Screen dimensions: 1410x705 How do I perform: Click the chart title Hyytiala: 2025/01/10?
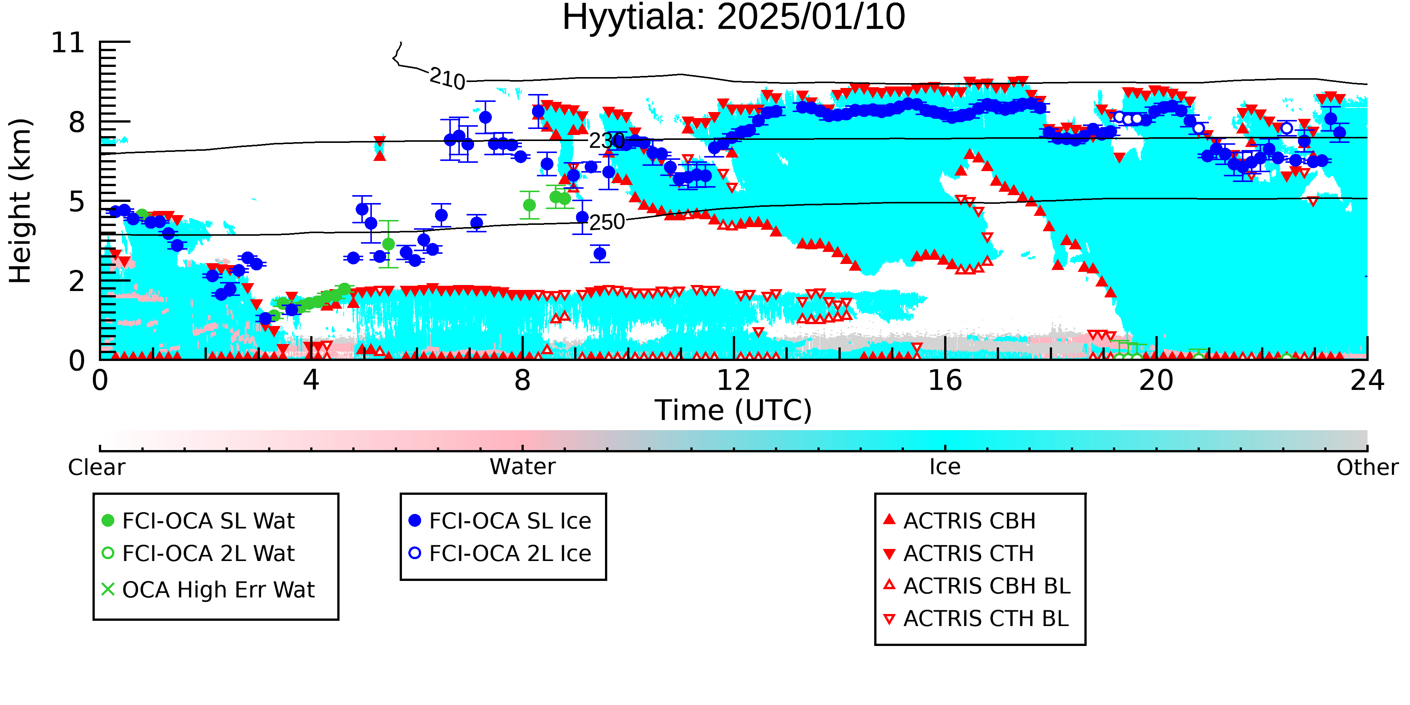coord(734,18)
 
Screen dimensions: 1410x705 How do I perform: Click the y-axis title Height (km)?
coord(21,201)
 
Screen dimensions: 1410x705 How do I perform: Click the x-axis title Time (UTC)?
coord(734,411)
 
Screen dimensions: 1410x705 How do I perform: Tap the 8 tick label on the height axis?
coord(77,123)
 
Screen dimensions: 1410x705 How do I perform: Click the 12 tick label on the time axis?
coord(734,381)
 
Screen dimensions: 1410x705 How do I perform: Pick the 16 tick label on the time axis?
coord(945,381)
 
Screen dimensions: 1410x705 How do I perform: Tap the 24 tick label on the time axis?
coord(1367,381)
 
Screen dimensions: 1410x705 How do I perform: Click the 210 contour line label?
coord(447,78)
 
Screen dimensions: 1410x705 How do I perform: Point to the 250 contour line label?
coord(607,222)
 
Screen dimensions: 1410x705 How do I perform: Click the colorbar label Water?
coord(523,467)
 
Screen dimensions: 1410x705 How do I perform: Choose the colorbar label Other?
coord(1367,467)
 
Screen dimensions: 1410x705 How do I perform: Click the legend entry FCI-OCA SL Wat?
coord(198,520)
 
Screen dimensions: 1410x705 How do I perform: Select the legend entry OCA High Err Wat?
coord(208,590)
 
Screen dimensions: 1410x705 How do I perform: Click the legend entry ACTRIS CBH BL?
coord(977,586)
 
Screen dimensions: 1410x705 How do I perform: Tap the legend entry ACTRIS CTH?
coord(958,553)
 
